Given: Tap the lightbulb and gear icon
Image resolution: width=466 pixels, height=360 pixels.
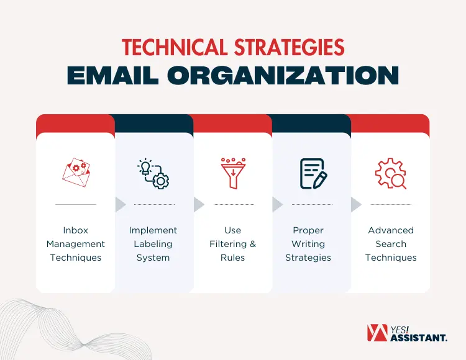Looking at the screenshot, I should coord(153,173).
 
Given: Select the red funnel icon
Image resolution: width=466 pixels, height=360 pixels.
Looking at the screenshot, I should coord(233,173).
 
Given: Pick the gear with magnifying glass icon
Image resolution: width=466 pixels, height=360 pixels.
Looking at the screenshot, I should coord(391,173).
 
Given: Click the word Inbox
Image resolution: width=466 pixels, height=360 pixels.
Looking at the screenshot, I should coord(76,230).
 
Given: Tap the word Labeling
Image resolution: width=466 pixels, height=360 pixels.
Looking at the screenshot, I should coord(153,244).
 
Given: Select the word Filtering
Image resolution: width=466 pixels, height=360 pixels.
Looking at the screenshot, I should coord(227,244).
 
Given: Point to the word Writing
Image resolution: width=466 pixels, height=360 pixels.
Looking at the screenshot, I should coord(308,244).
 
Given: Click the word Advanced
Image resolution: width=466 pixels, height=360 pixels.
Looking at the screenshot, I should coord(391,230).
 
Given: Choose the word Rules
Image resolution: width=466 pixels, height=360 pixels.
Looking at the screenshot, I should coord(232,258).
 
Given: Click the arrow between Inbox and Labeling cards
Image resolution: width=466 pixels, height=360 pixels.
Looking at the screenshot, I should coord(121,204).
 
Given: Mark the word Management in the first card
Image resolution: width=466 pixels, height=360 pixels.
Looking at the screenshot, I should coord(76,244).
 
